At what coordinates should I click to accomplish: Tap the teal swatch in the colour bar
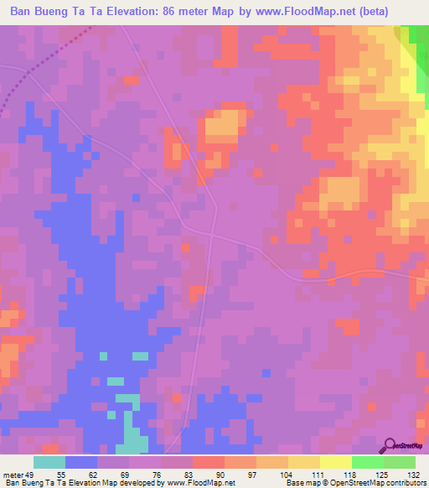pos(49,462)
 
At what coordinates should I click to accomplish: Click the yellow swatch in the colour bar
pos(336,462)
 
